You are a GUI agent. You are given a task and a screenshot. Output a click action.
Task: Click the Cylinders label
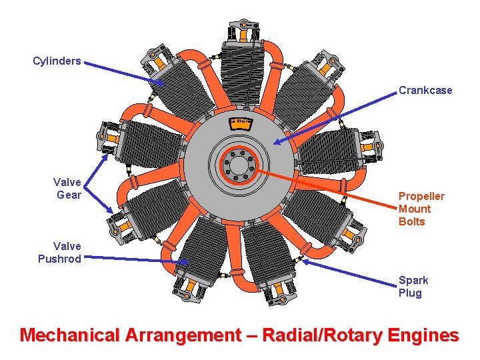point(57,61)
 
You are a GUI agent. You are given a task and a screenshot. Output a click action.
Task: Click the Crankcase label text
point(425,90)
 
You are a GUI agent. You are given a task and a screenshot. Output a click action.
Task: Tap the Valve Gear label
point(67,188)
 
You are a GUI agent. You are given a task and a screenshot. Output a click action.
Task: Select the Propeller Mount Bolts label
point(421,209)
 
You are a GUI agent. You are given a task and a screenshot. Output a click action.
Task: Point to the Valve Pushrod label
point(59,252)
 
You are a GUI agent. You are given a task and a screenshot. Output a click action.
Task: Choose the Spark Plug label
point(413,287)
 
